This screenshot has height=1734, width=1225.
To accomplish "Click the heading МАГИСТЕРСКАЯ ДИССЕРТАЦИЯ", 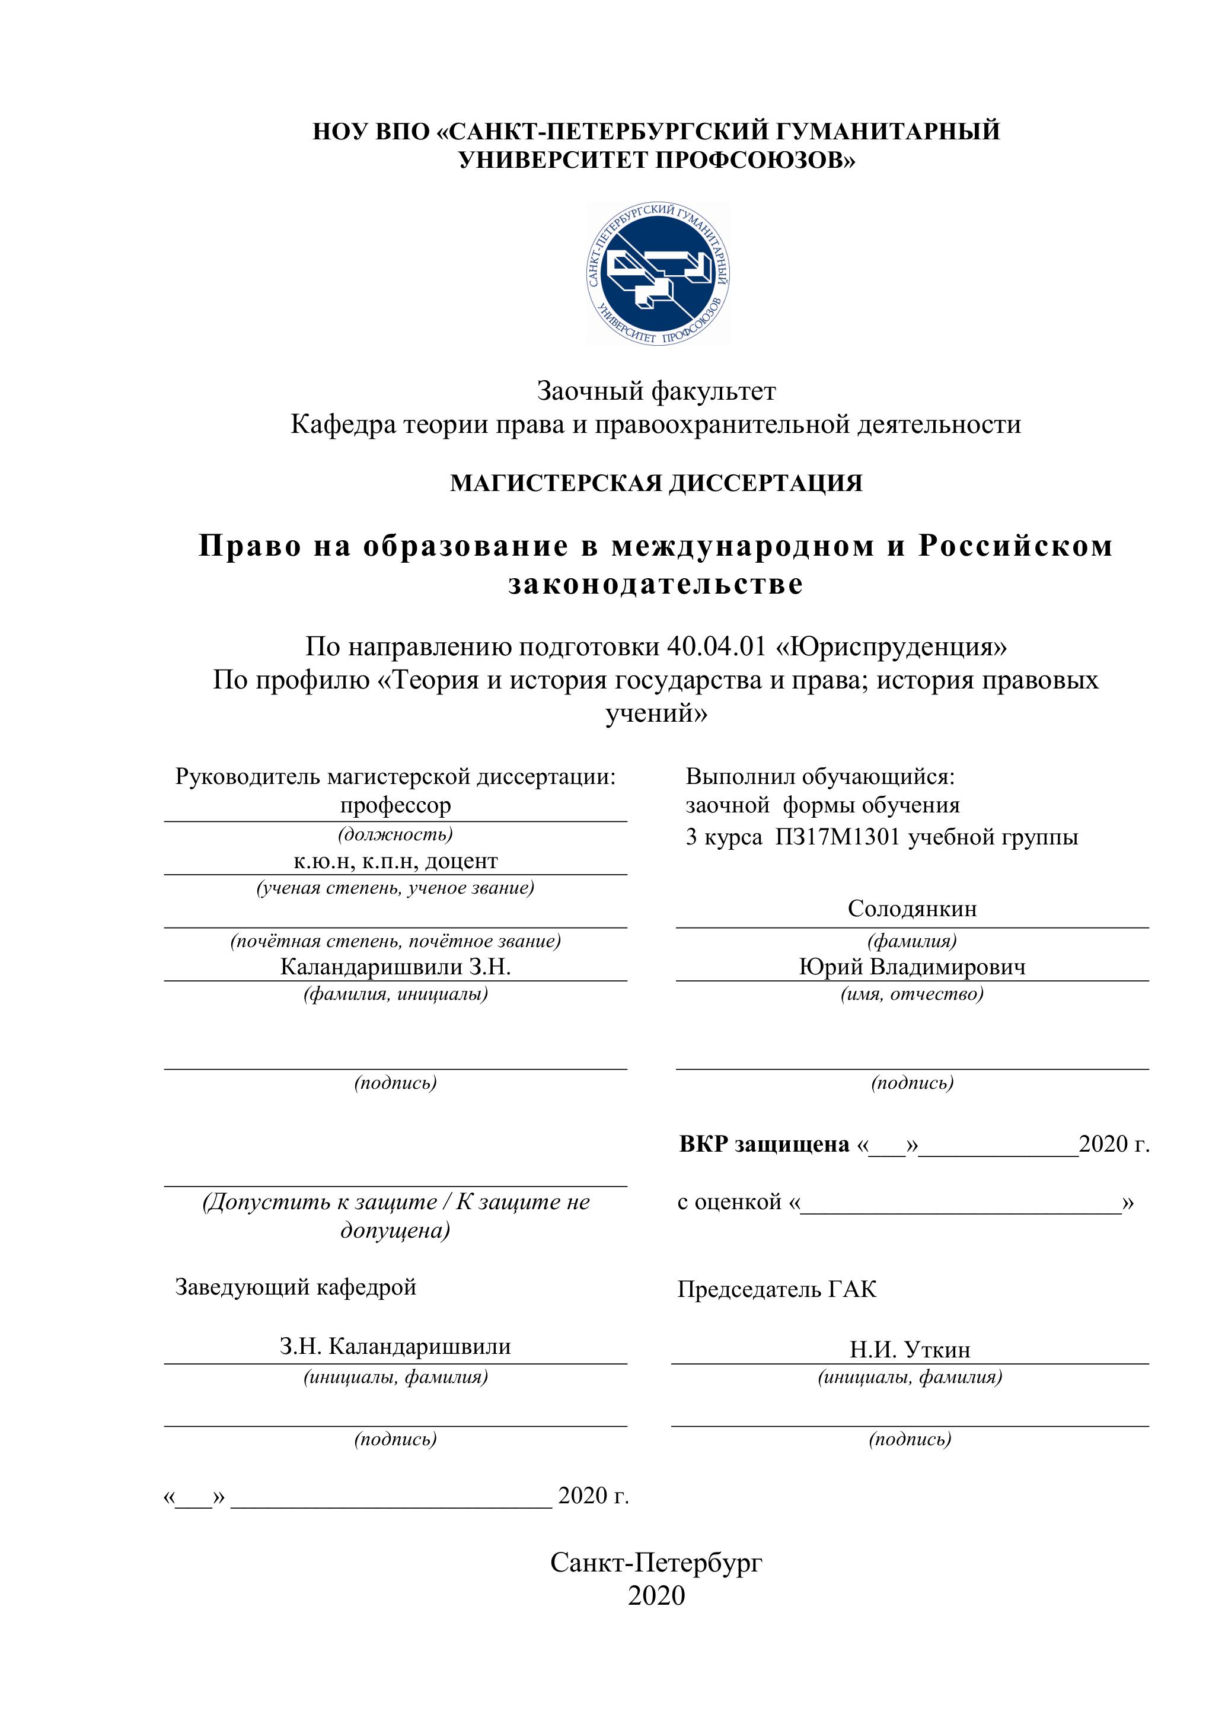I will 656,483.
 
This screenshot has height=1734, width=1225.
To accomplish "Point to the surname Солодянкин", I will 911,908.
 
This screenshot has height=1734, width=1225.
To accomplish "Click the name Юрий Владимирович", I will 911,967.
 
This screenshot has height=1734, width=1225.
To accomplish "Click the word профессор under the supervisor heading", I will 395,805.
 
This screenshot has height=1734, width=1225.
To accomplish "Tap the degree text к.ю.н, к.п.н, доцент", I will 395,861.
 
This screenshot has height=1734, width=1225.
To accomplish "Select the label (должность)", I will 395,834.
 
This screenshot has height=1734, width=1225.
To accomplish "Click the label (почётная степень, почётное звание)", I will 395,941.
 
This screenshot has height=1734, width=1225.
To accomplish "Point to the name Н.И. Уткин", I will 910,1350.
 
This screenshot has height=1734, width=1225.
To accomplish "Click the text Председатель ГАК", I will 776,1289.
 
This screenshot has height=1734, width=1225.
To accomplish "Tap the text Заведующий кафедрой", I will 295,1287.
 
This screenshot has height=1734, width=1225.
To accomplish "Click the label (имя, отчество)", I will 911,994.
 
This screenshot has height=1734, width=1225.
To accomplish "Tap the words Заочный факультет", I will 656,391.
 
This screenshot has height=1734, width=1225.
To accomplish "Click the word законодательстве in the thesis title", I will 656,584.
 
